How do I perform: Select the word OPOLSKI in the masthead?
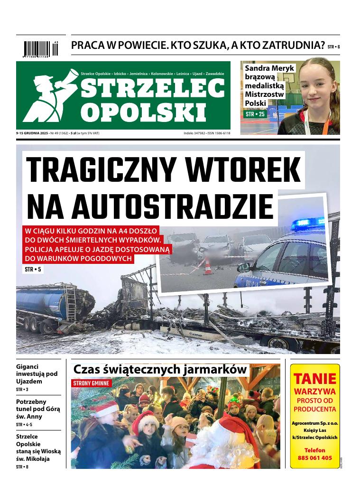(144, 112)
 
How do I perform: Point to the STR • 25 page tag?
(255, 114)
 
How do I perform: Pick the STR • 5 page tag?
(33, 270)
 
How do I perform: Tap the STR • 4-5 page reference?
(23, 424)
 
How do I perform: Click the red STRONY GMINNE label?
(92, 383)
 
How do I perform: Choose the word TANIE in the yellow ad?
(315, 379)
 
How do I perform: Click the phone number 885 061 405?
(315, 458)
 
